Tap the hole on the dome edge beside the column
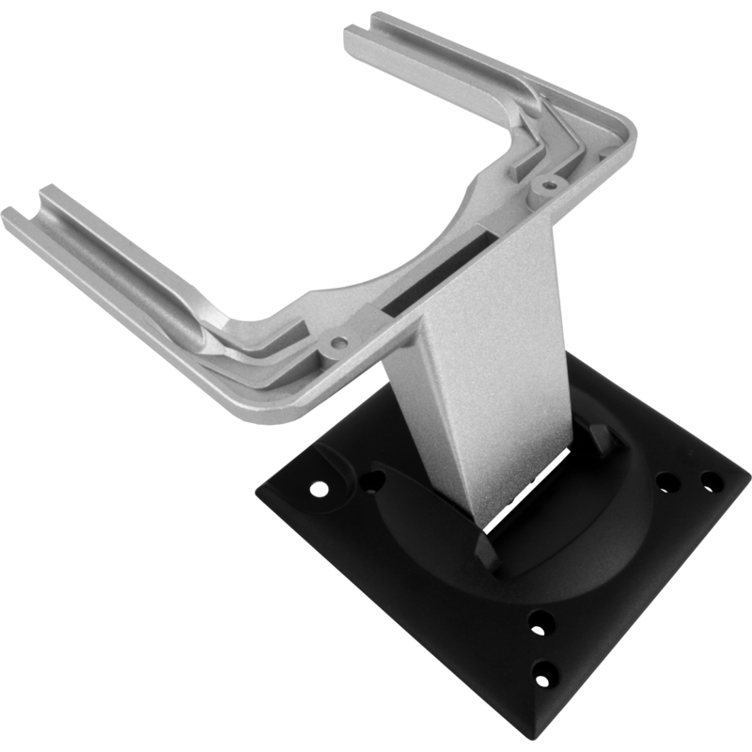click(x=374, y=481)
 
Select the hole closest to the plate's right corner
click(x=712, y=482)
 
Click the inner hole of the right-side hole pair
click(x=667, y=484)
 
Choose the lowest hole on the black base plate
click(x=543, y=674)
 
